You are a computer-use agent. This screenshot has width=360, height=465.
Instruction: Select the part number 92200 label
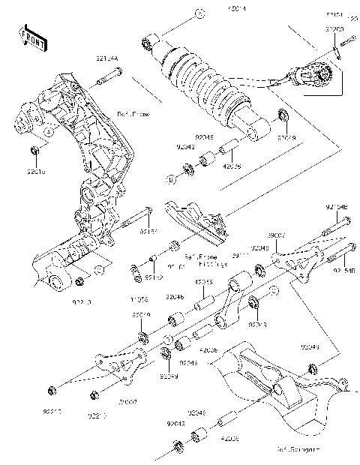coord(334,28)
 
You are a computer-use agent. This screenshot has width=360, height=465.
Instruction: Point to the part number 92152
coord(154,277)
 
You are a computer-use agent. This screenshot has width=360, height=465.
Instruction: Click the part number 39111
coord(240,255)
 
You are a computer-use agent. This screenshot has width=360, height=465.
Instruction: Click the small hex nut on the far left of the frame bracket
coord(36,155)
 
